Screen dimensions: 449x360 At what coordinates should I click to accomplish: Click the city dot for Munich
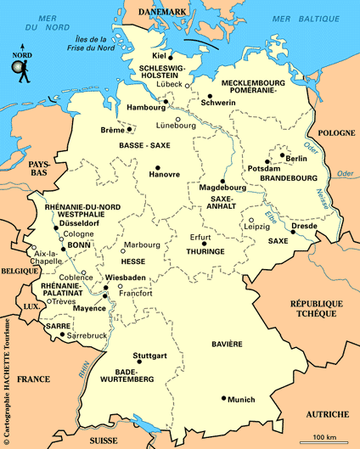click(x=224, y=398)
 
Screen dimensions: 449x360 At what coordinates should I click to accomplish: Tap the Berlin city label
click(x=296, y=159)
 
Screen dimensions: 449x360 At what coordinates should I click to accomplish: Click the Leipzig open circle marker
click(x=251, y=220)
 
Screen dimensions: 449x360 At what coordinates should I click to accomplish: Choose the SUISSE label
click(x=106, y=441)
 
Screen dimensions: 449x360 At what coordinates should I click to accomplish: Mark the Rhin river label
click(x=84, y=371)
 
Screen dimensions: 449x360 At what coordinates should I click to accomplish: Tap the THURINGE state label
click(x=206, y=252)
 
